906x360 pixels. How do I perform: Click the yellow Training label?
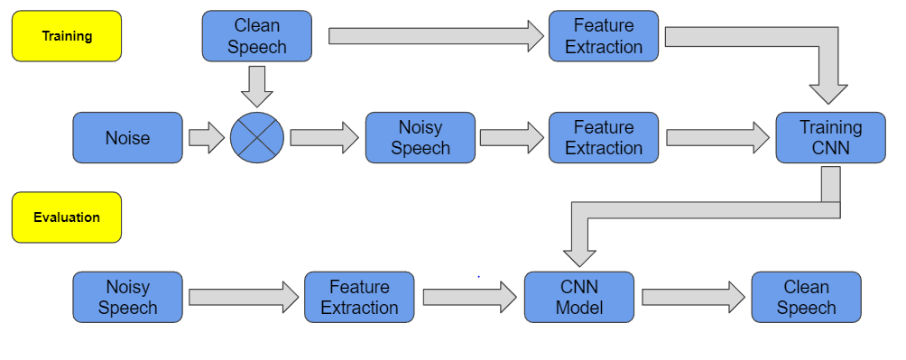point(67,36)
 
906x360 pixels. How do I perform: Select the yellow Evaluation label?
point(67,217)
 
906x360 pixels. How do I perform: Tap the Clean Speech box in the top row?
point(257,36)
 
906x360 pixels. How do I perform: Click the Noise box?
point(127,138)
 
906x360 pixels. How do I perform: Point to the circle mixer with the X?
point(257,138)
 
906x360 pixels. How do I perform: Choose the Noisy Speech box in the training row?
point(420,138)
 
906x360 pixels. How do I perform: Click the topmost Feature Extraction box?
point(604,36)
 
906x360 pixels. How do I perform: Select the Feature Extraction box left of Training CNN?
point(604,138)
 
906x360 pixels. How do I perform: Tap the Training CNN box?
point(830,138)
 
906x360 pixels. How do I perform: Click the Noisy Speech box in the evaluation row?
point(127,297)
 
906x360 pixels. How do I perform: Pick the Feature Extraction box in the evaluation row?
point(359,297)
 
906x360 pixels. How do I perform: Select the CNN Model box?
point(578,297)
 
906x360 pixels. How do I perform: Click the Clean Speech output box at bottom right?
point(806,297)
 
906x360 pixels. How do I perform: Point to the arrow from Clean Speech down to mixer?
point(257,86)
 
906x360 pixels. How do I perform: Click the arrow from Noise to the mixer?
point(206,138)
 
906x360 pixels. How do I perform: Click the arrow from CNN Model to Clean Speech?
point(691,297)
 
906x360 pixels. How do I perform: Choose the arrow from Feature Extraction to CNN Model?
point(468,297)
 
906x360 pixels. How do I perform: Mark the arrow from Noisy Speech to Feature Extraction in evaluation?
point(243,297)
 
